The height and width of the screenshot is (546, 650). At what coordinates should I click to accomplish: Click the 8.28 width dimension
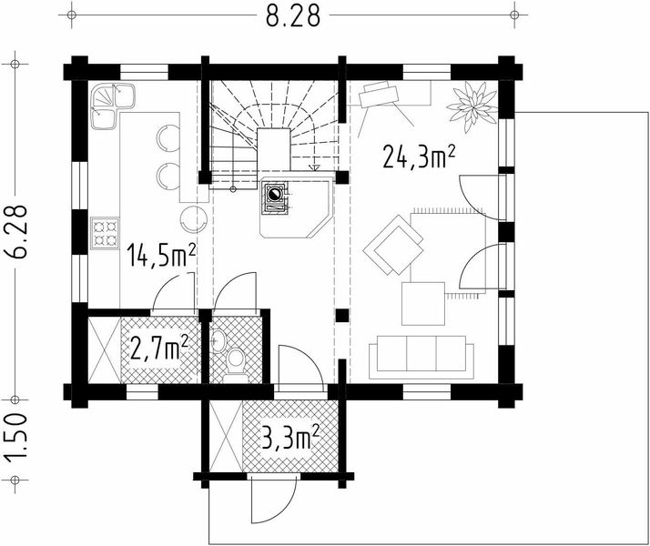[x=292, y=15]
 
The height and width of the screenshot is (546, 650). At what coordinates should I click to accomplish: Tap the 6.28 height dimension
[x=17, y=232]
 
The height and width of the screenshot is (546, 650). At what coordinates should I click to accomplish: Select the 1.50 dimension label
[x=15, y=439]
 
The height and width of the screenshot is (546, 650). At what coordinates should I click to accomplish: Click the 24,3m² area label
[x=419, y=157]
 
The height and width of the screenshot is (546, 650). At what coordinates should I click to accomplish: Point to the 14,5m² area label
[x=161, y=255]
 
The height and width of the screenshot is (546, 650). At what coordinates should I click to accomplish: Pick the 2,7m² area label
[x=159, y=348]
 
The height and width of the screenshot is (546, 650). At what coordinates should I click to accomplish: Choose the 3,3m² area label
[x=290, y=438]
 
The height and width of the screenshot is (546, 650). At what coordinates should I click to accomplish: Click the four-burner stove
[x=105, y=234]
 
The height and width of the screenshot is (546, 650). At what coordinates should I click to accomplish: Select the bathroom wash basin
[x=218, y=340]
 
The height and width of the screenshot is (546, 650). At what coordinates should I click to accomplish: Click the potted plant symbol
[x=472, y=106]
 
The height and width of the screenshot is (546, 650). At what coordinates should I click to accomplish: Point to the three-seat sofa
[x=421, y=357]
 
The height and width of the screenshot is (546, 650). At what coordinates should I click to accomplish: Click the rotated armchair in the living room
[x=393, y=245]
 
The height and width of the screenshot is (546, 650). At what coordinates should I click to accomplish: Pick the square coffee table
[x=423, y=304]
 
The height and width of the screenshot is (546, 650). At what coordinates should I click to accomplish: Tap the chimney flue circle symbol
[x=274, y=194]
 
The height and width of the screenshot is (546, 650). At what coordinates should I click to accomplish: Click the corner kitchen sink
[x=112, y=106]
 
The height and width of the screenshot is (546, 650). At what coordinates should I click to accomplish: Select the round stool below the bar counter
[x=193, y=219]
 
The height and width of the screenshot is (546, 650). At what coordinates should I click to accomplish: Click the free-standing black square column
[x=342, y=315]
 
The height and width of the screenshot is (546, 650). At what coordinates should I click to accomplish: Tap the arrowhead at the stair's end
[x=315, y=167]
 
